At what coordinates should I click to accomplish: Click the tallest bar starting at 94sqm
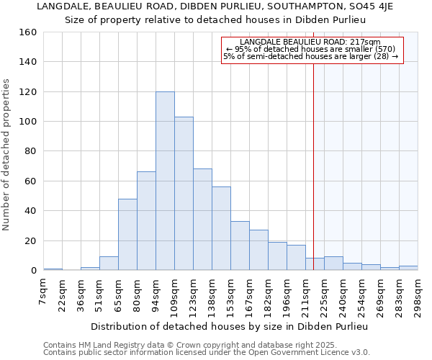165,181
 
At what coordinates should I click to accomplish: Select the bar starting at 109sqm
184,194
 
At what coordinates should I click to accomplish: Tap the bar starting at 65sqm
127,234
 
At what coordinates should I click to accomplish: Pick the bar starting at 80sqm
146,221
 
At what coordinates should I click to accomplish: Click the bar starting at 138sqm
221,228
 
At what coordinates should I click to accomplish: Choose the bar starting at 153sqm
240,246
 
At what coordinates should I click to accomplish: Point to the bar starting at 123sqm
202,220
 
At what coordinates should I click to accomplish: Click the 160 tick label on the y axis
28,32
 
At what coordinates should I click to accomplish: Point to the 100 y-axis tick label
28,122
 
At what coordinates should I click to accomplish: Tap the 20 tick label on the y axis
31,241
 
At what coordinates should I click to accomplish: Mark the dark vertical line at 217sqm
314,166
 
